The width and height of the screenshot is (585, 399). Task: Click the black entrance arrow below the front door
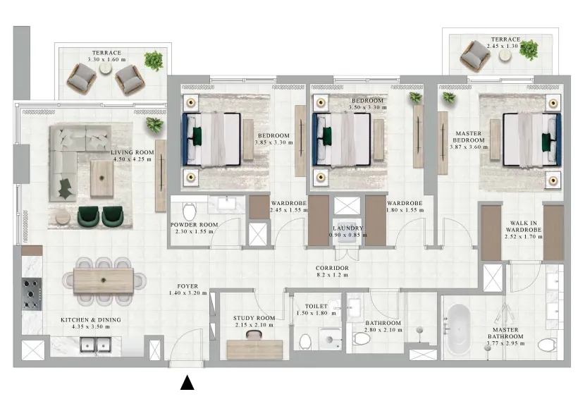point(187,383)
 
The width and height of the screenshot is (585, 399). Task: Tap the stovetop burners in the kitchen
point(32,294)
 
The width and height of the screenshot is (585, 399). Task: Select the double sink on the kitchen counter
point(96,345)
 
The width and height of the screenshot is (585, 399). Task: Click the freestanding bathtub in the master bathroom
point(458,330)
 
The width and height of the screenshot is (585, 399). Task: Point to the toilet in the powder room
point(189,211)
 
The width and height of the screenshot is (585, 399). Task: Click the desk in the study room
point(254,350)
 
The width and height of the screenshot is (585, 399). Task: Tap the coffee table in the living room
point(102,178)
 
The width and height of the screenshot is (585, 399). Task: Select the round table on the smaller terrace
point(505,55)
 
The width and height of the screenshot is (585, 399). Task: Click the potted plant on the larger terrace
point(154,61)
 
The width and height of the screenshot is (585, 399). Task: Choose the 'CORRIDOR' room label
point(332,268)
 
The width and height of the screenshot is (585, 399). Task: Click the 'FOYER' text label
point(187,286)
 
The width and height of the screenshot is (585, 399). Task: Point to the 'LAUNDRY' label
point(347,228)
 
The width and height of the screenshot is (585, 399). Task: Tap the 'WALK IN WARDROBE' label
point(524,226)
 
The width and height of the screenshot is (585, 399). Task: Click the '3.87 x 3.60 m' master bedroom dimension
point(469,147)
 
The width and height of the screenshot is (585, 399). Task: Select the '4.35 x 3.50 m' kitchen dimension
point(91,326)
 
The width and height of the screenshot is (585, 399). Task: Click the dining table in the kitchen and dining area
point(104,281)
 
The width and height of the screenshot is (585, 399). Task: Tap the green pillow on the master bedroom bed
point(546,142)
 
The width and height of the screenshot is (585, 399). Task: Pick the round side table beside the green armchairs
point(63,217)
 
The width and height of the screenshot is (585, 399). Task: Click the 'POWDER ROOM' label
point(194,225)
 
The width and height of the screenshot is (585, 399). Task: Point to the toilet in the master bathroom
point(548,345)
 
